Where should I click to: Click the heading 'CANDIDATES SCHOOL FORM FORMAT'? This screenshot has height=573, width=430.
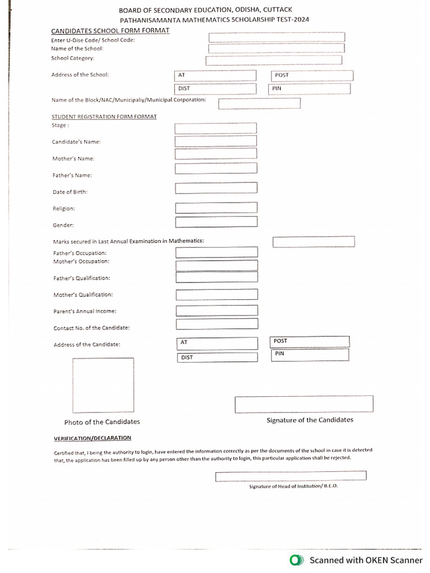110,30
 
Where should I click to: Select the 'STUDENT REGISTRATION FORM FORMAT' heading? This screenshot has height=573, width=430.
104,116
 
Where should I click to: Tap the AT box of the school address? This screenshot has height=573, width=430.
216,76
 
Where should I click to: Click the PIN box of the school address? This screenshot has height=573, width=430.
310,89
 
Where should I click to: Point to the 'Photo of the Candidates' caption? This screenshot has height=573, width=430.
102,422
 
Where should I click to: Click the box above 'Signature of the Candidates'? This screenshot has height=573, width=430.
303,403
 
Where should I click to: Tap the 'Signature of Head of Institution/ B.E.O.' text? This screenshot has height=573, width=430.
293,486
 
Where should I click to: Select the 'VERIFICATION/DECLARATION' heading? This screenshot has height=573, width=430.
92,438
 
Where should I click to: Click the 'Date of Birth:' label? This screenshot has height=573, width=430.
70,192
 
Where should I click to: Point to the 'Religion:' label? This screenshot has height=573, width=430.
64,209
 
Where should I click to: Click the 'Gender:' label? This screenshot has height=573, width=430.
63,225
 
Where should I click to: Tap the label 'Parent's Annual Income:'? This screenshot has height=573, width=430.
85,311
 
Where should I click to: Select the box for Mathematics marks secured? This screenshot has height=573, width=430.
314,242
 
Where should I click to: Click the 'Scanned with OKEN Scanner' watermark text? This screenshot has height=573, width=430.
366,560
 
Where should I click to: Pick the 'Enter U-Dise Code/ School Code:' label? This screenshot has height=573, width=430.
93,40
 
